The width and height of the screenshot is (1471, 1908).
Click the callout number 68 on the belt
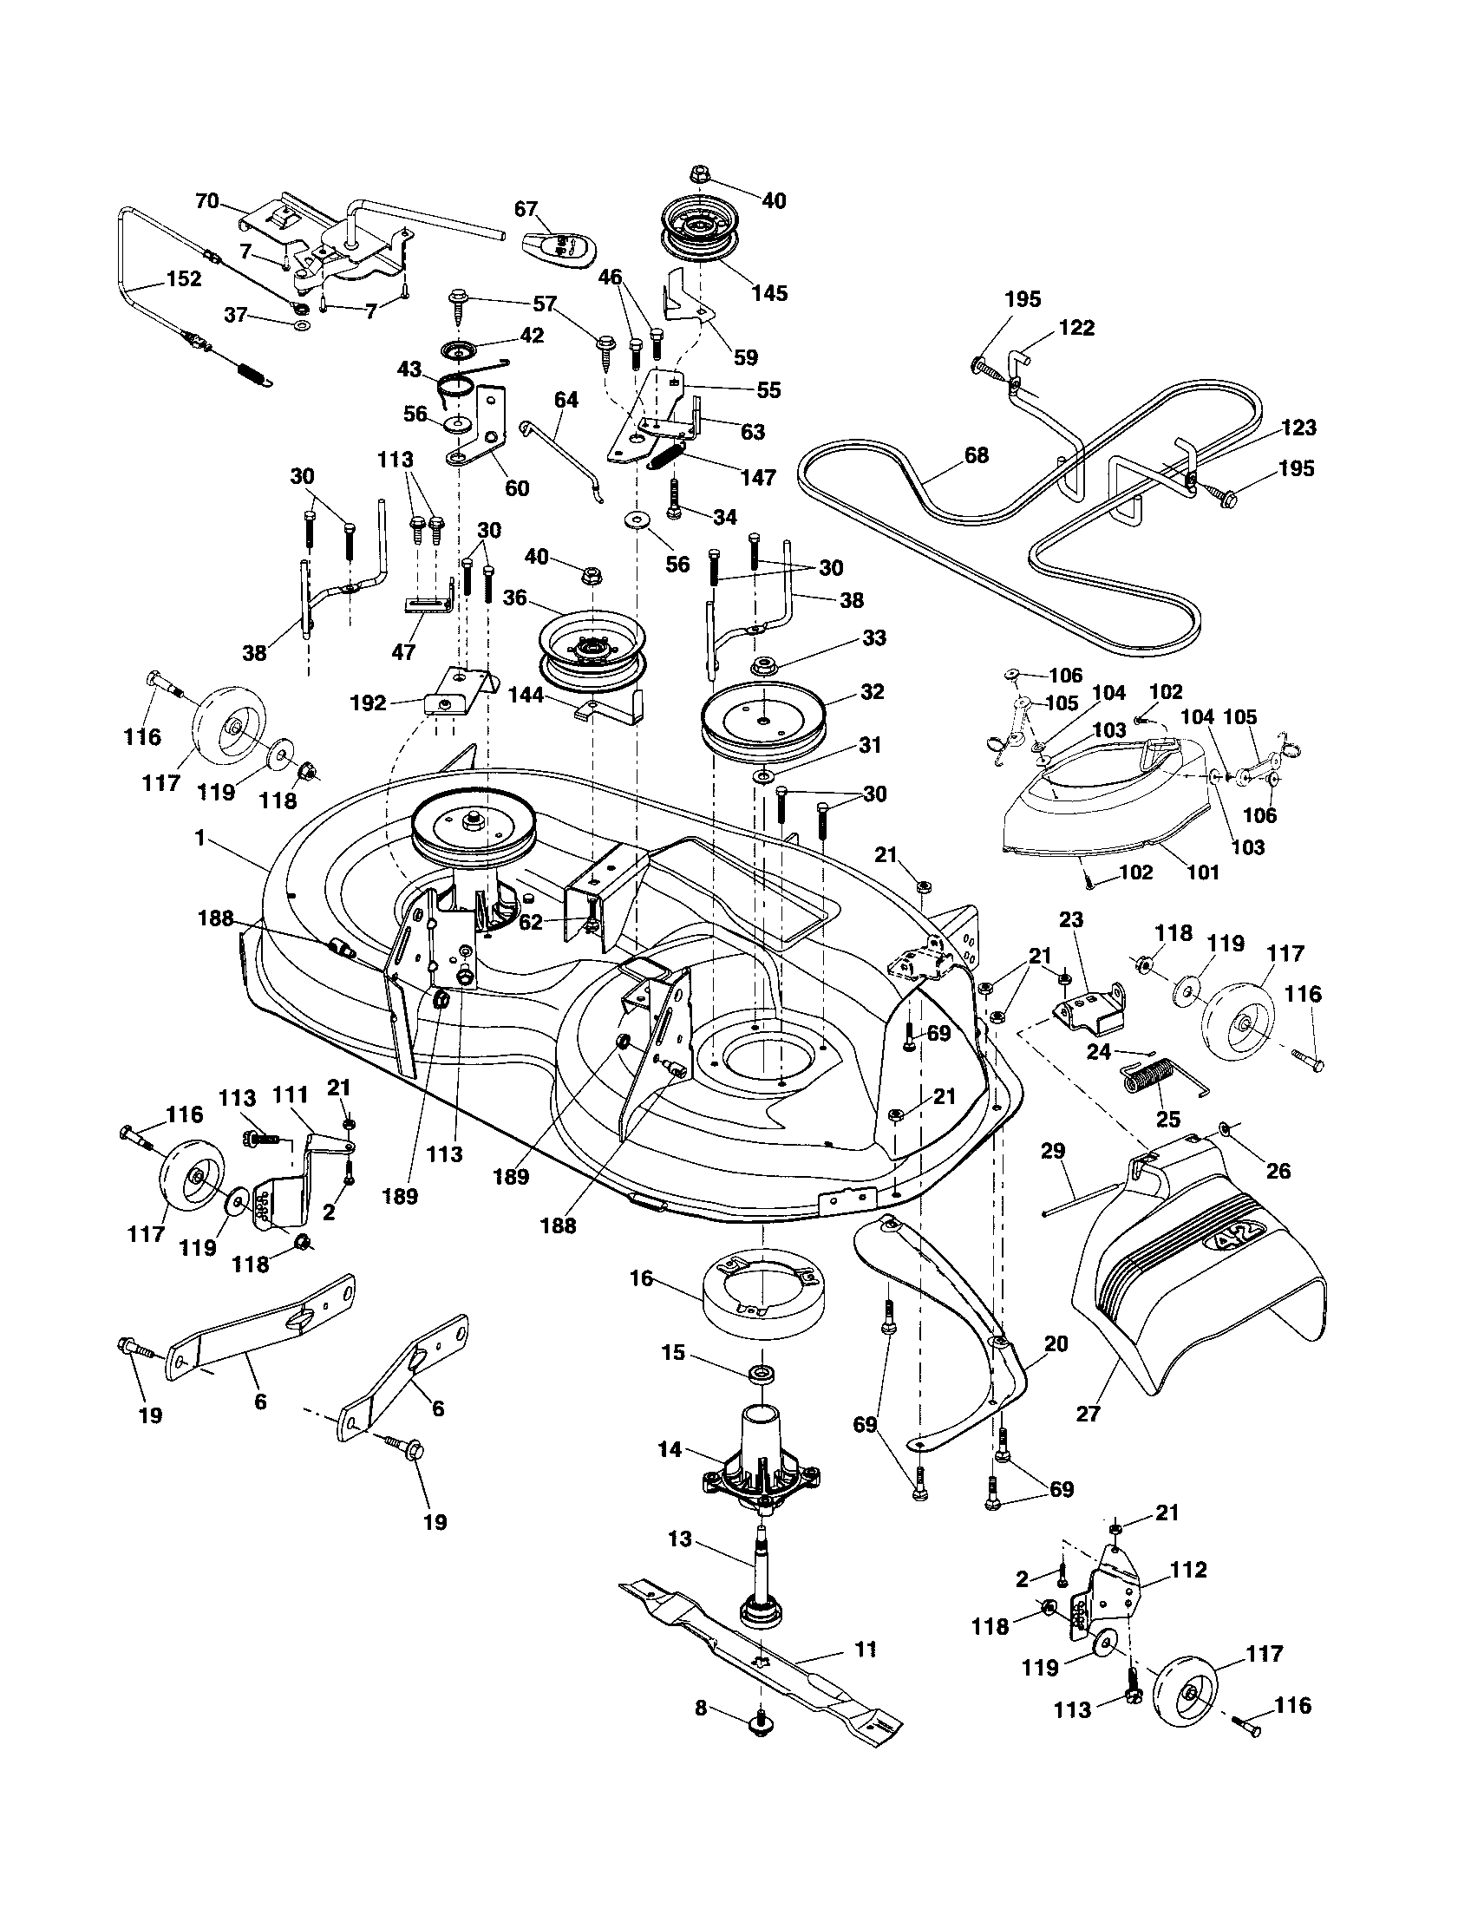(977, 455)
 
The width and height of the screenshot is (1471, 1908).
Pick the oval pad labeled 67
(561, 254)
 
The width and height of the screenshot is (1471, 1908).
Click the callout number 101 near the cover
(1203, 872)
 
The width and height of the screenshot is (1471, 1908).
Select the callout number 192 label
(368, 702)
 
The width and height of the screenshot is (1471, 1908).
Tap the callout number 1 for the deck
(199, 838)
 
